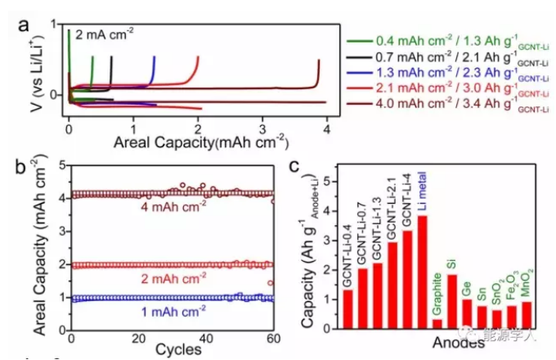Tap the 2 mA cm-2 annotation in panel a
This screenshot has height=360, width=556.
coord(105,34)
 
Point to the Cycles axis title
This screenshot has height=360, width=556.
coord(173,353)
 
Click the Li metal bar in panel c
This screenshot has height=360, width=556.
coord(422,272)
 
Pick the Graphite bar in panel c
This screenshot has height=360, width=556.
coord(437,323)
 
